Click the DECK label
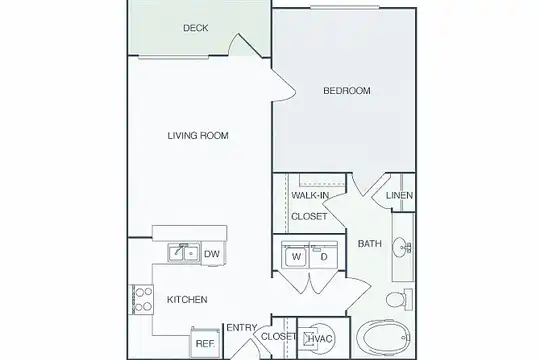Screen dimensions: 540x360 point(196,28)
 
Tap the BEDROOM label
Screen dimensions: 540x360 point(347,91)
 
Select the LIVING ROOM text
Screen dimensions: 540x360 point(198,136)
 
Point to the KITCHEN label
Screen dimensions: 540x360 point(187,300)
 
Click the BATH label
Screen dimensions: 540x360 point(370,244)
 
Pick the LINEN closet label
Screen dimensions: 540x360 point(399,195)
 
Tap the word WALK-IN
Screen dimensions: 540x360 point(310,195)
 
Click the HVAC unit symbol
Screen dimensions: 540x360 point(318,339)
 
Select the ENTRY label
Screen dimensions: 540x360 point(242,327)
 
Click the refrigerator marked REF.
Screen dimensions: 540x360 point(205,342)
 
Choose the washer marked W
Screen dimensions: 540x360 point(296,256)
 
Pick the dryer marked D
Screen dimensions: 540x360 point(324,256)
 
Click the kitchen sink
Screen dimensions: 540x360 point(184,253)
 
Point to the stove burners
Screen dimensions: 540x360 point(142,299)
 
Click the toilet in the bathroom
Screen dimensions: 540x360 point(399,299)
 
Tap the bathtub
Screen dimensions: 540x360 point(384,338)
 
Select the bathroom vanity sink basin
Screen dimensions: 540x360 point(402,247)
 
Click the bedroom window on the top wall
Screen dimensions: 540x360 point(344,8)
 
